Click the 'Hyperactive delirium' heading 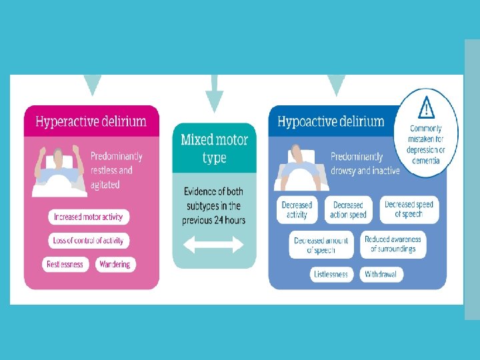(91, 122)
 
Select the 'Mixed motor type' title (214, 149)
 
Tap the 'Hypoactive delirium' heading (331, 121)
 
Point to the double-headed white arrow (214, 245)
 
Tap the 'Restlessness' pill (65, 264)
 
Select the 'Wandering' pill (115, 264)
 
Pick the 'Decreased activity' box (297, 210)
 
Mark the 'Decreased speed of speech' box (409, 209)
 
